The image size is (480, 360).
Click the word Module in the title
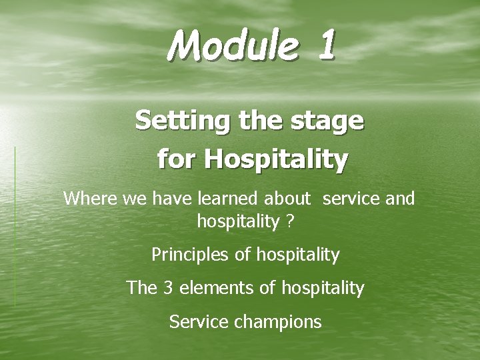pos(230,45)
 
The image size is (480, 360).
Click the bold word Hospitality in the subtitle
pos(276,159)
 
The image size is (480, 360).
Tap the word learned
pos(225,199)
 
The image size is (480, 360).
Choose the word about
pos(287,199)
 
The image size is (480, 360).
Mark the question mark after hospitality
pos(289,221)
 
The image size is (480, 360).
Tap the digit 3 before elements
pos(167,288)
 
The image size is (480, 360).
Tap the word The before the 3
pos(141,288)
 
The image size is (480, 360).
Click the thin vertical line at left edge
pos(15,227)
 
